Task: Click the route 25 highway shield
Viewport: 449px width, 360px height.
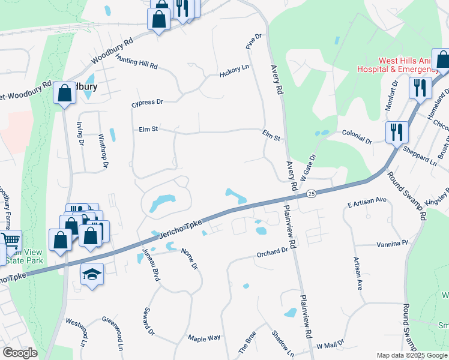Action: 310,194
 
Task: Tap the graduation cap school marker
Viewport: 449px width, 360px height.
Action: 92,274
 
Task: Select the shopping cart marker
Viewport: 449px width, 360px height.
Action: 10,240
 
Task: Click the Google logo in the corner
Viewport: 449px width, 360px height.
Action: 20,352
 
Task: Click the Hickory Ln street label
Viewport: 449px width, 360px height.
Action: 234,70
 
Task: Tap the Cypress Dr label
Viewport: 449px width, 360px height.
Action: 148,103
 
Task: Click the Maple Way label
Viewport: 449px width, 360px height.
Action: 204,339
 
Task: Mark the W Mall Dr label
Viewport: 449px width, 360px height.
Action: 330,344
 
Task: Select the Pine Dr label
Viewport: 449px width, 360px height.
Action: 254,41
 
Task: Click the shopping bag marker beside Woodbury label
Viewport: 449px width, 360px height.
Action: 64,93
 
